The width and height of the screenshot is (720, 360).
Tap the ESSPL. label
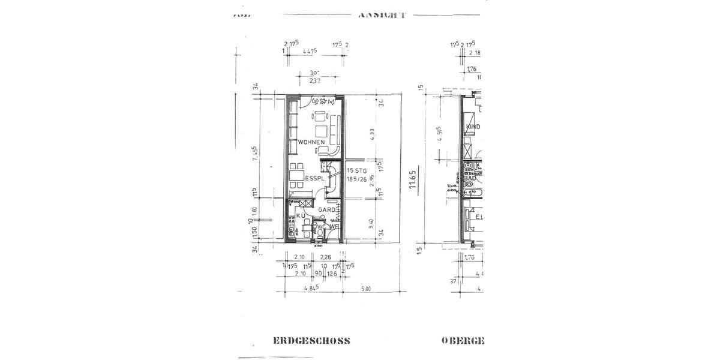pyautogui.click(x=315, y=179)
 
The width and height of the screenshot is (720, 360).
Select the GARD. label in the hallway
pyautogui.click(x=326, y=210)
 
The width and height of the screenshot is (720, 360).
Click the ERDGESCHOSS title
pyautogui.click(x=311, y=341)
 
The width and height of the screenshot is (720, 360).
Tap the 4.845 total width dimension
pyautogui.click(x=311, y=289)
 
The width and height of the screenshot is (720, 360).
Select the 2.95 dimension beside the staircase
pyautogui.click(x=372, y=182)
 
